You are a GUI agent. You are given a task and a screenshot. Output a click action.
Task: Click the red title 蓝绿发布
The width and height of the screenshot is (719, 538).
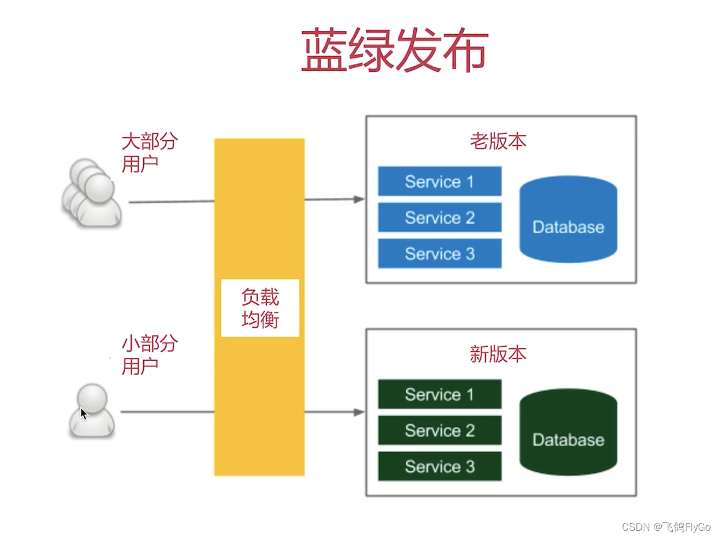tap(395, 50)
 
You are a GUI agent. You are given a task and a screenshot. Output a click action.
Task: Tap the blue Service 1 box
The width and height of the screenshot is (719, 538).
tap(440, 181)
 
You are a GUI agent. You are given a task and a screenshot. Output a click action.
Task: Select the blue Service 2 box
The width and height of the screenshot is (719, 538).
tap(440, 218)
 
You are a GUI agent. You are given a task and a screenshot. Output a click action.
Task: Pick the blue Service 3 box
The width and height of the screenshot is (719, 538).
tap(440, 254)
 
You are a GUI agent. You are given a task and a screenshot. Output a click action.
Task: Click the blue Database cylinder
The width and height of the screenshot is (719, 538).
tap(568, 219)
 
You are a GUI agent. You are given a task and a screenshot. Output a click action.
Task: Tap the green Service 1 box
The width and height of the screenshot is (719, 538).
tap(440, 394)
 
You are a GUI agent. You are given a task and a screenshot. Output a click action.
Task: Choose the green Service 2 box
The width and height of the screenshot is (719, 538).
tap(440, 430)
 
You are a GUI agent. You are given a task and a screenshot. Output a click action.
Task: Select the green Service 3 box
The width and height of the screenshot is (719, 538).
tap(440, 466)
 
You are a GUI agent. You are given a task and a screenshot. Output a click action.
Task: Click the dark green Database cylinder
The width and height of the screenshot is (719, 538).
tap(568, 432)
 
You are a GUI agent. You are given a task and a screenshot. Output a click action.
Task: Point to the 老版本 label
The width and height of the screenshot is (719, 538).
tap(498, 141)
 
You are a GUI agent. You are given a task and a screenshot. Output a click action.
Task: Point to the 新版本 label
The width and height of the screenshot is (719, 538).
tap(498, 354)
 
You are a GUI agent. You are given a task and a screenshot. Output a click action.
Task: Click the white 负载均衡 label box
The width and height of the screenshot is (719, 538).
tap(260, 308)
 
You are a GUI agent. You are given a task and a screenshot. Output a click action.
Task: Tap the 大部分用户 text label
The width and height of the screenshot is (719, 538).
tap(149, 153)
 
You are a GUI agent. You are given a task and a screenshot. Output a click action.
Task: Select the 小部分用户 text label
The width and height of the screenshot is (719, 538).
tap(149, 355)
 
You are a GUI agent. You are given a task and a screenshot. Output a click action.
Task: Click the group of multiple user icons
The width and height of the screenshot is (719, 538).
tap(92, 192)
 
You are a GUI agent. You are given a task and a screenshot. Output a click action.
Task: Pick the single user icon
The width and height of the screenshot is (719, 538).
tap(92, 411)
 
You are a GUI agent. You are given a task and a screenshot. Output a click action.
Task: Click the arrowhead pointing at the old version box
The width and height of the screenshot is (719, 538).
tap(359, 199)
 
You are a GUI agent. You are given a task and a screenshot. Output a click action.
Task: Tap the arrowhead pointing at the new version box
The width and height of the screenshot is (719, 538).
tap(359, 412)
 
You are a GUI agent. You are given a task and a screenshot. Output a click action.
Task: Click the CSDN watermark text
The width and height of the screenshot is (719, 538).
tap(666, 527)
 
